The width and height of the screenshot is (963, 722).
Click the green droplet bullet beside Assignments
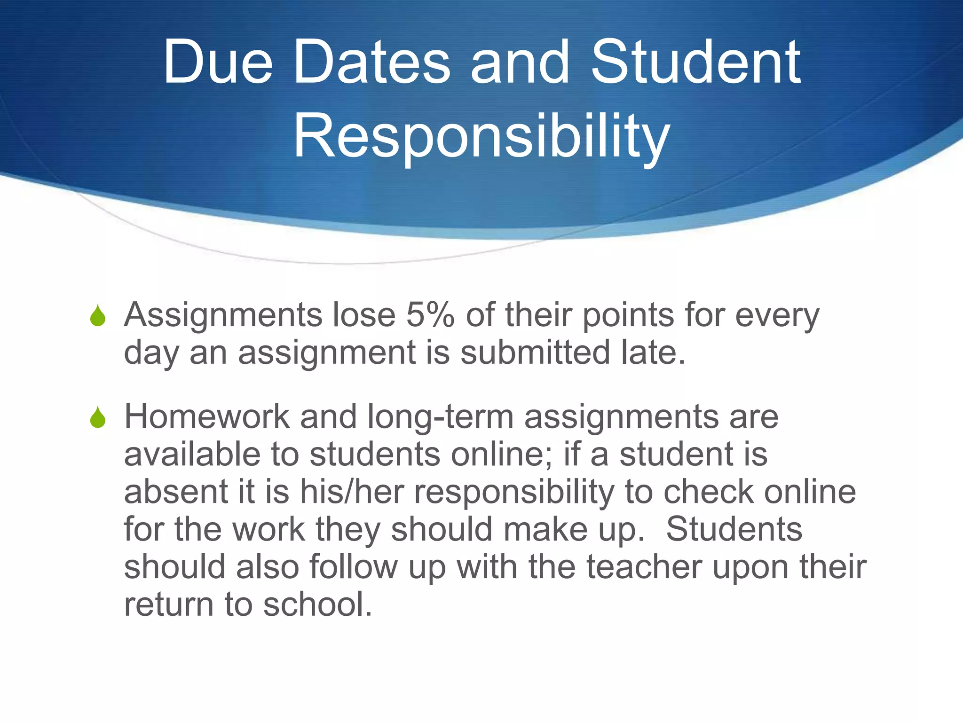click(x=98, y=315)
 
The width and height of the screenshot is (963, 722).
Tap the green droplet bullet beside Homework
click(x=98, y=417)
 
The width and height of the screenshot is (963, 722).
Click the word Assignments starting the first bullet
click(x=223, y=316)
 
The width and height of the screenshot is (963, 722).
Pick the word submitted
click(x=535, y=352)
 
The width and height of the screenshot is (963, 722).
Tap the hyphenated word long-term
click(x=441, y=418)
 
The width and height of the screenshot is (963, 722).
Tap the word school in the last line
click(x=317, y=604)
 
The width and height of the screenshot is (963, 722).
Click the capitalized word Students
click(x=734, y=529)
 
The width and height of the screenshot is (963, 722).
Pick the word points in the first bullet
click(x=629, y=316)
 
